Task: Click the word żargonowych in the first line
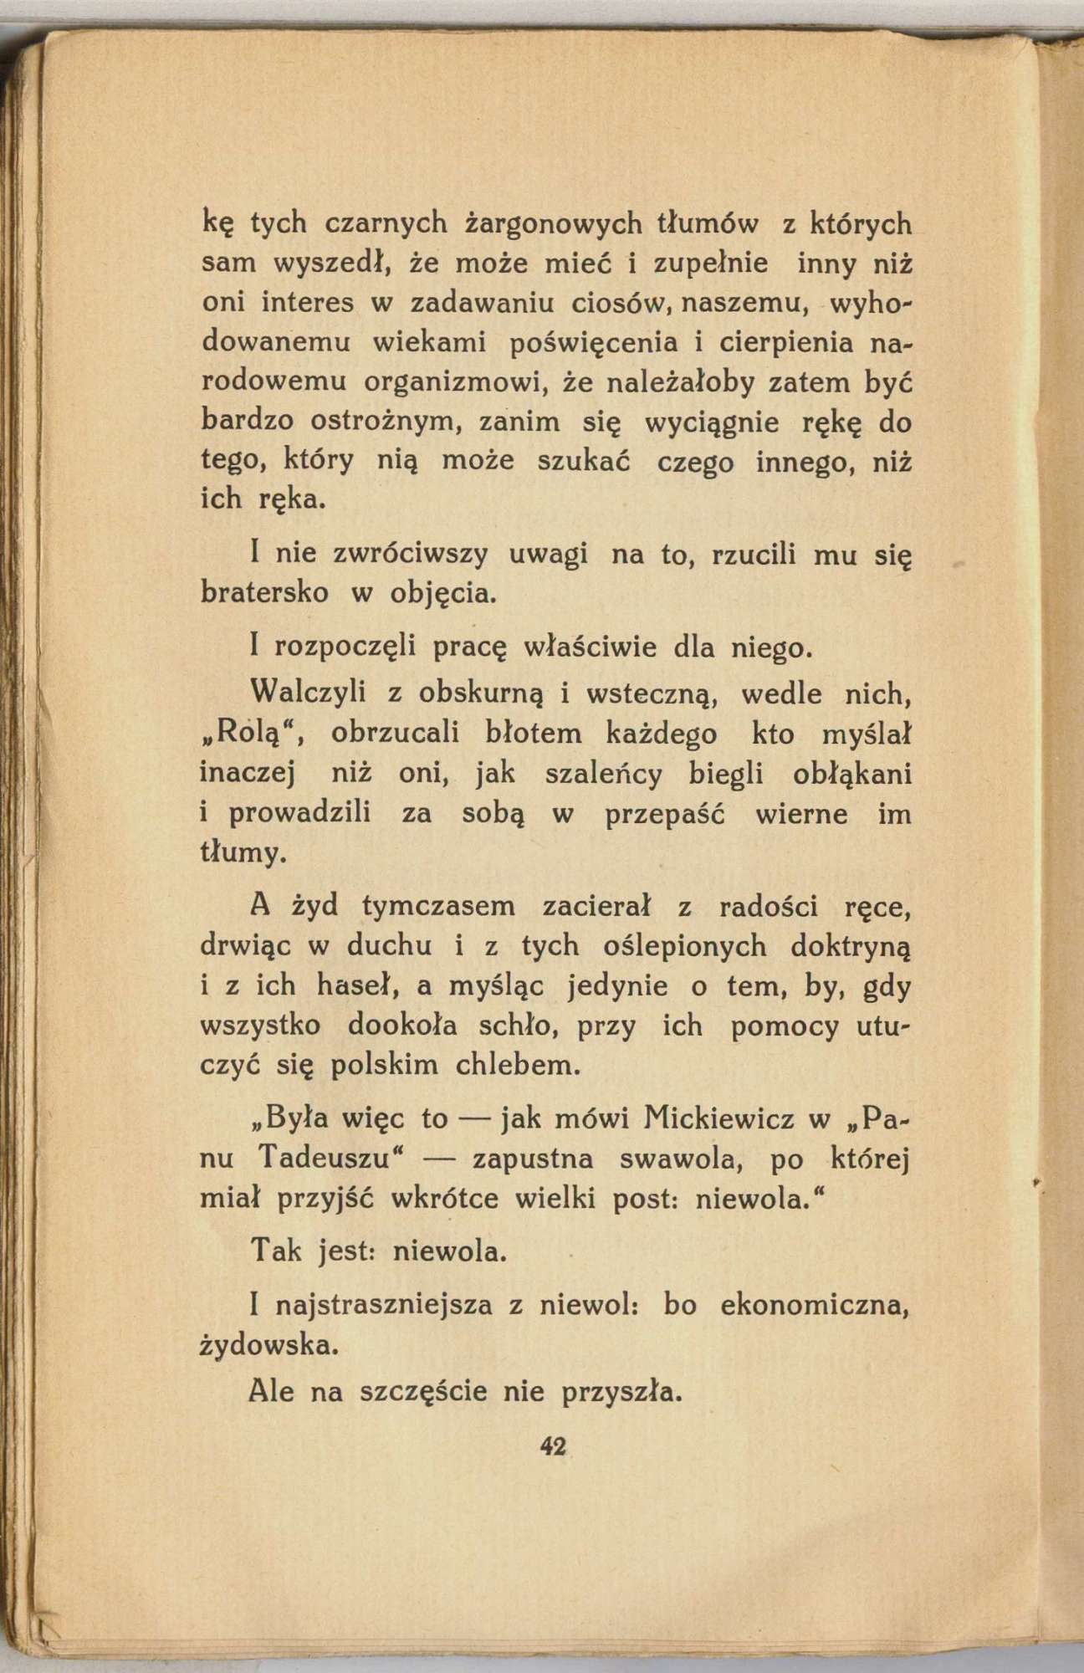pos(553,224)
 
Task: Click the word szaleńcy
pos(603,774)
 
